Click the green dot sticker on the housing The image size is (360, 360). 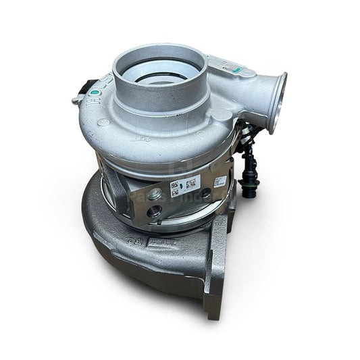tap(95, 92)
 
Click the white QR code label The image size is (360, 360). tap(183, 186)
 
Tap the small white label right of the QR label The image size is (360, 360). tap(220, 182)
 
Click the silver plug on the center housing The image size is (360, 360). tap(154, 195)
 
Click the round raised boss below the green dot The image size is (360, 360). tap(103, 122)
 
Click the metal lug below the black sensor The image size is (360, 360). tap(77, 101)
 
